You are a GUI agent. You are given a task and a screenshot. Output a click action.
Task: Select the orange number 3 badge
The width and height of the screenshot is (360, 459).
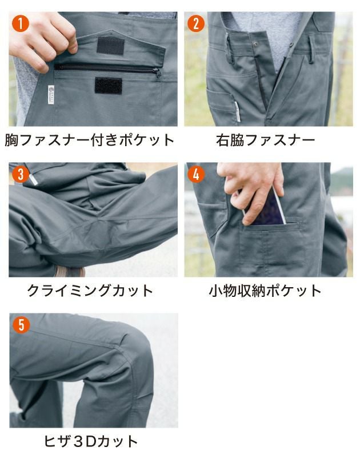[21, 174]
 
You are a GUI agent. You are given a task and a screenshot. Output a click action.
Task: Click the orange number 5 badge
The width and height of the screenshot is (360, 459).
[21, 325]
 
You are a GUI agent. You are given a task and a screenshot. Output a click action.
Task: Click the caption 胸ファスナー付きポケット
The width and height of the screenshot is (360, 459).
[90, 140]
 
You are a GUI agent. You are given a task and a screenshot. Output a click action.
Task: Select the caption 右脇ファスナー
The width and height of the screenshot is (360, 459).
[266, 140]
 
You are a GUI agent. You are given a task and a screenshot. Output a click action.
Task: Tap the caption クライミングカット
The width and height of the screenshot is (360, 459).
[90, 291]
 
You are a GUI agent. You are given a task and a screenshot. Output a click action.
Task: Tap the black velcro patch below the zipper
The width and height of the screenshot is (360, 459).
[108, 85]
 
